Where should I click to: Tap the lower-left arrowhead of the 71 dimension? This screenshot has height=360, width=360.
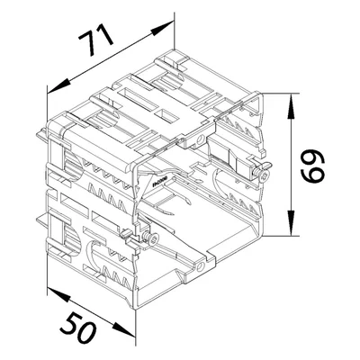click(x=58, y=86)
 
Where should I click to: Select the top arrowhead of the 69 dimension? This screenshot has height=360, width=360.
click(x=291, y=105)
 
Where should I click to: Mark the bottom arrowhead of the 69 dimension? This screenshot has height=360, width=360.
click(x=291, y=222)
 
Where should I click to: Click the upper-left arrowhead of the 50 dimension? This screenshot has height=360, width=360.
click(x=58, y=294)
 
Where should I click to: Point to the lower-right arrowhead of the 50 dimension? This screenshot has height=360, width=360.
click(x=123, y=329)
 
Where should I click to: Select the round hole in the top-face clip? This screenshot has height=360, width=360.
click(x=200, y=139)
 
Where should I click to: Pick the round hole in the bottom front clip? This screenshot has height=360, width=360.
click(x=201, y=266)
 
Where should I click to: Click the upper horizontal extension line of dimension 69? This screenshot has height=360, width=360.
click(x=281, y=94)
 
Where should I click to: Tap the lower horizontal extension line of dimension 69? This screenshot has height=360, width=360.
click(x=281, y=236)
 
